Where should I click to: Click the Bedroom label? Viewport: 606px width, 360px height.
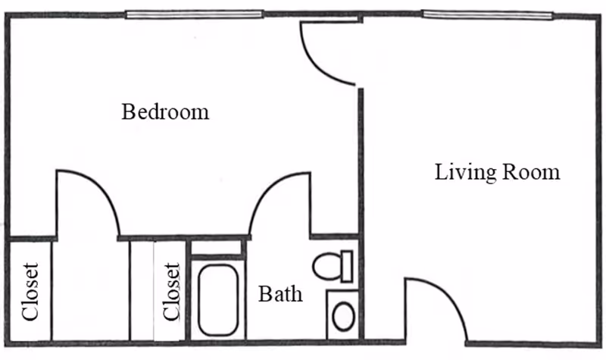tap(165, 113)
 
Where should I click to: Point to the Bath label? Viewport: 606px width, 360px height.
tap(280, 293)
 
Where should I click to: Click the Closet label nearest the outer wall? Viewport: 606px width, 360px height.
tap(30, 292)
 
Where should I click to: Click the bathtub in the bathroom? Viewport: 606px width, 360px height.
tap(217, 299)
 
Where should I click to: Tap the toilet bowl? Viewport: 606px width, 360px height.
tap(326, 267)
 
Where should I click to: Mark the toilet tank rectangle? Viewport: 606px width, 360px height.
tap(346, 266)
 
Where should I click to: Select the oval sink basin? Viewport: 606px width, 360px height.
tap(343, 315)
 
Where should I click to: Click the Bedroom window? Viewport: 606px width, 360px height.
tap(194, 14)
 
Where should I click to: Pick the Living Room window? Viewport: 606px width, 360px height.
tap(487, 14)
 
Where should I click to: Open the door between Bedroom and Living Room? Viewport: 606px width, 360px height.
tap(326, 53)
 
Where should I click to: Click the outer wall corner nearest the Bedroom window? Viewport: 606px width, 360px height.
tap(9, 16)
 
